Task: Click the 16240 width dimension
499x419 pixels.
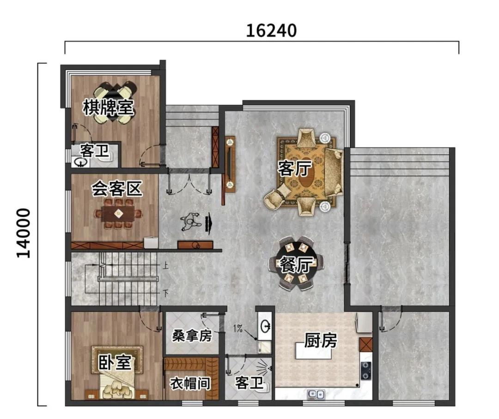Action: [x=272, y=30]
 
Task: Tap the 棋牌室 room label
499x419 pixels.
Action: [x=108, y=107]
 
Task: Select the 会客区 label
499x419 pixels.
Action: [x=117, y=189]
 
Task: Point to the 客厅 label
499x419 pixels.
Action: [x=294, y=168]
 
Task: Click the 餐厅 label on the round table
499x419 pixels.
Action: [x=296, y=265]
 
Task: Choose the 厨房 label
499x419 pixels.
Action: [x=321, y=341]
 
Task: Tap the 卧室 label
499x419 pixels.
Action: [x=114, y=362]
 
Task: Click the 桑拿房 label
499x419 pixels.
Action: [x=192, y=335]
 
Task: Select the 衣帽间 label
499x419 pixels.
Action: [x=190, y=384]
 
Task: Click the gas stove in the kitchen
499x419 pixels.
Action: [x=366, y=371]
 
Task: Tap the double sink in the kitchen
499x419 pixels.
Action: [x=316, y=395]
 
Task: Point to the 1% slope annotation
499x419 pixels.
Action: [x=238, y=329]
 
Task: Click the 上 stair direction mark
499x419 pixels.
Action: [x=165, y=266]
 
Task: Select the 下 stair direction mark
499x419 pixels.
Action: [x=165, y=293]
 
